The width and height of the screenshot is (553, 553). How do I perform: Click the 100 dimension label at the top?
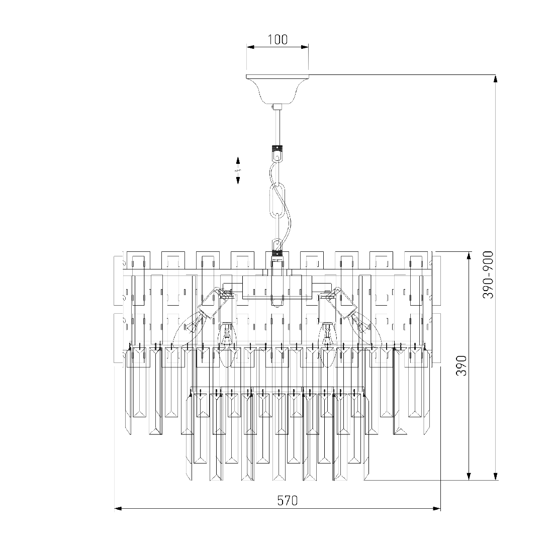277,40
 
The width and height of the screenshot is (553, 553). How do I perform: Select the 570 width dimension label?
288,501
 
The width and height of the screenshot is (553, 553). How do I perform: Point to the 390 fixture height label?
462,365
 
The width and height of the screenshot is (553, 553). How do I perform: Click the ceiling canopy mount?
277,88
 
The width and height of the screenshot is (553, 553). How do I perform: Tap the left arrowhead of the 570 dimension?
119,509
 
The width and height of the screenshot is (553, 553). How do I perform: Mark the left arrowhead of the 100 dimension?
249,47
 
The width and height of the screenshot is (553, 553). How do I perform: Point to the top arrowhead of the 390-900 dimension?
496,79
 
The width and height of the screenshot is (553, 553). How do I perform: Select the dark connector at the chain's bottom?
278,254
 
